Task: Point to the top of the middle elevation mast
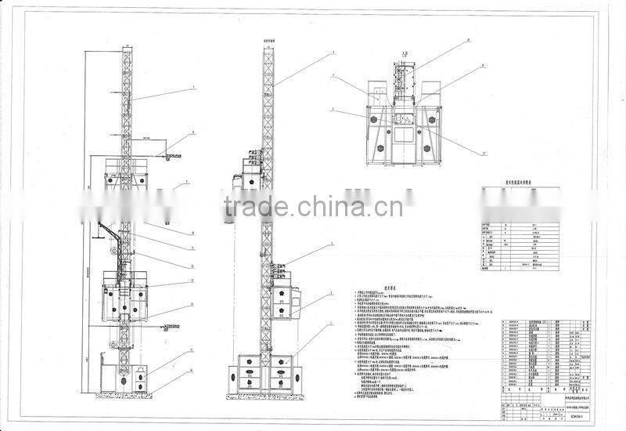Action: pos(268,49)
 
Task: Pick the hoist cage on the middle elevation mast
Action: pos(286,294)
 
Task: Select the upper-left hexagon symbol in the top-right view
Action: pos(374,118)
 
